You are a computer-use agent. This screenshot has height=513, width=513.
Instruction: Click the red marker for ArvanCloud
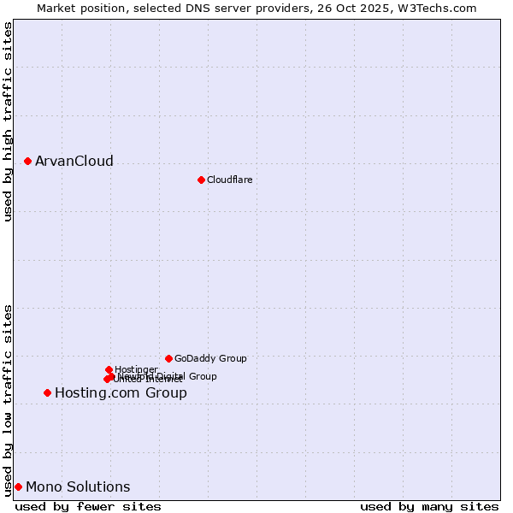pyautogui.click(x=27, y=161)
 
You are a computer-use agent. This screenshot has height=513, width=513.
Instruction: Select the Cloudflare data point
pyautogui.click(x=201, y=180)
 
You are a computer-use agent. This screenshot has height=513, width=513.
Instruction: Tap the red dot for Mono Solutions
pyautogui.click(x=18, y=486)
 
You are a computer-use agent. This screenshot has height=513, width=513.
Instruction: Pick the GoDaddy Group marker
pyautogui.click(x=168, y=358)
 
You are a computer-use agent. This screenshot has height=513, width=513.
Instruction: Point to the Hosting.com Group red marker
pyautogui.click(x=47, y=392)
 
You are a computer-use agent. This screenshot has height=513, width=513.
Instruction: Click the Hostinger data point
pyautogui.click(x=109, y=369)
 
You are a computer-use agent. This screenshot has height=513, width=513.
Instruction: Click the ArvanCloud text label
pyautogui.click(x=74, y=161)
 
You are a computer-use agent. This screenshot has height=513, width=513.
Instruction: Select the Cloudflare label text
pyautogui.click(x=229, y=180)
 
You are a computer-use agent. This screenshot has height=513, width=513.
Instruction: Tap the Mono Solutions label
pyautogui.click(x=78, y=486)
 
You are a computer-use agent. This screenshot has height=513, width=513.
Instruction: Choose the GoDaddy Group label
pyautogui.click(x=210, y=358)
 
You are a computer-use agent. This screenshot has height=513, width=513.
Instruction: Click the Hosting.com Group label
pyautogui.click(x=121, y=392)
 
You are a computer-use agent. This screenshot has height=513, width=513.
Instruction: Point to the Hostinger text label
pyautogui.click(x=136, y=369)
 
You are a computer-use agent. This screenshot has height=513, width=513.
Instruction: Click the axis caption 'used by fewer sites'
pyautogui.click(x=88, y=506)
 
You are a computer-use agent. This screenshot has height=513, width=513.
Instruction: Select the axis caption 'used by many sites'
pyautogui.click(x=429, y=506)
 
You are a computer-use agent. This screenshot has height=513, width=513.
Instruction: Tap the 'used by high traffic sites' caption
pyautogui.click(x=9, y=121)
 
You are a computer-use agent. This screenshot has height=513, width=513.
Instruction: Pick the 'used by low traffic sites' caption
pyautogui.click(x=9, y=399)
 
